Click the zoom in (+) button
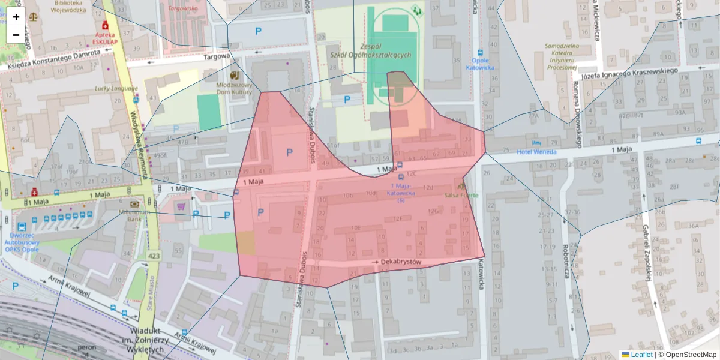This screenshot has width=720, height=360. click(x=16, y=17)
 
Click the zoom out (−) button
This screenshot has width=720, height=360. click(x=16, y=35)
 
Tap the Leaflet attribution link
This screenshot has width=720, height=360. click(x=641, y=355)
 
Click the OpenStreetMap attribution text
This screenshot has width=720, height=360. click(x=691, y=355)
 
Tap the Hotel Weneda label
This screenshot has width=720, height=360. click(x=536, y=152)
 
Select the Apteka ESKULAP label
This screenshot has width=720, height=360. click(x=107, y=38)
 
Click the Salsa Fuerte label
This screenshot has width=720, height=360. click(x=461, y=195)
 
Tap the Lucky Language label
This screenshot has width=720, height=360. click(x=116, y=89)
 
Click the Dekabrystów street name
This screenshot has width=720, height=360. click(x=401, y=262)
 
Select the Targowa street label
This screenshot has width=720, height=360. click(x=217, y=56)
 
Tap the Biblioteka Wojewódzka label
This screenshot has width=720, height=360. click(x=67, y=7)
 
